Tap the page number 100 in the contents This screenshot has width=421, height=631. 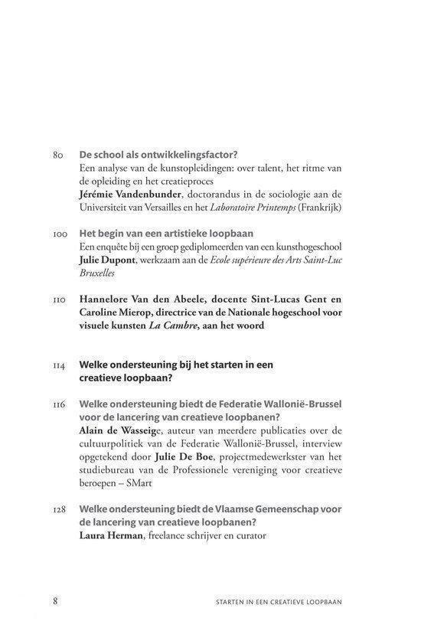[x=60, y=233]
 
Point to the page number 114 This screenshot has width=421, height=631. [x=60, y=365]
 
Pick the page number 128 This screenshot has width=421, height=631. [x=60, y=509]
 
